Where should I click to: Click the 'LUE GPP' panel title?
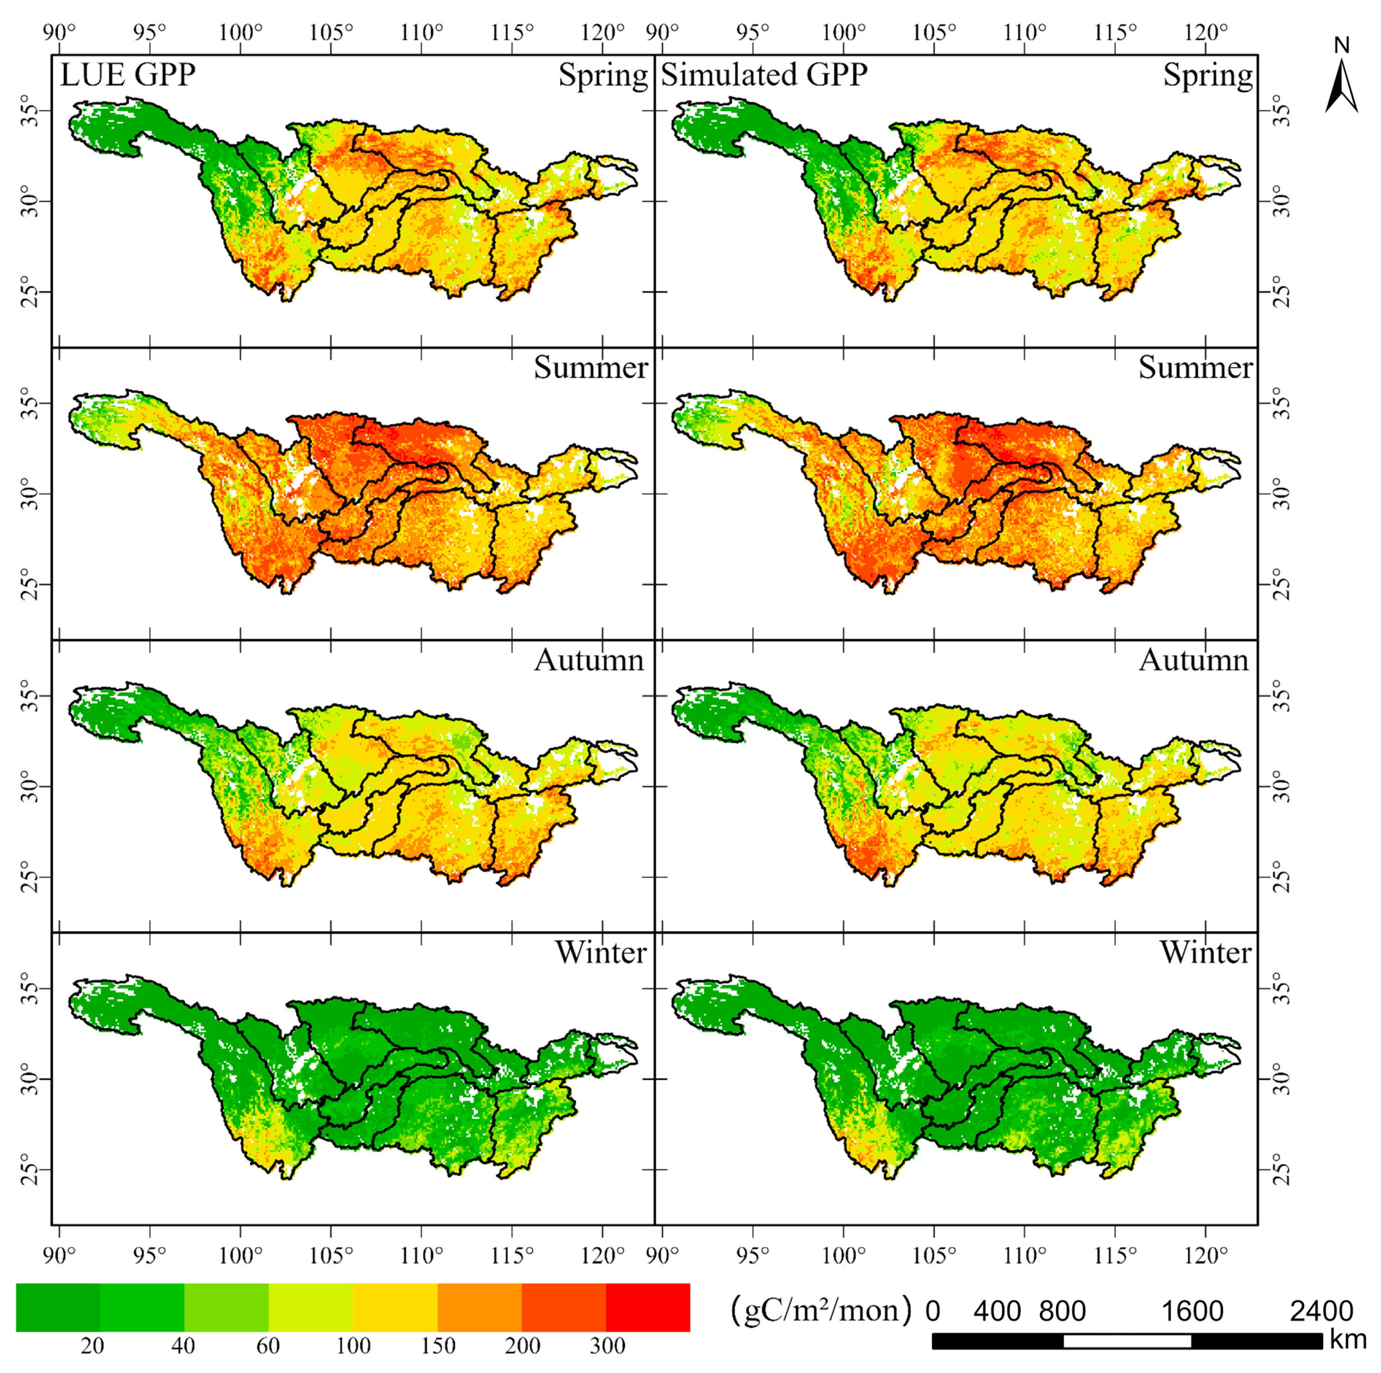tap(127, 75)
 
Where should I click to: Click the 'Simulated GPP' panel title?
tap(763, 75)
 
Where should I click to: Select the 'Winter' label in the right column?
tap(1205, 953)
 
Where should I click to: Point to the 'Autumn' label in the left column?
tap(589, 659)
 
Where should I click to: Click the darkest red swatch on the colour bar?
tap(648, 1307)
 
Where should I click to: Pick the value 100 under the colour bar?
tap(353, 1346)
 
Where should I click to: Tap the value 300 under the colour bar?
tap(608, 1346)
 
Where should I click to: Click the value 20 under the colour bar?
tap(92, 1346)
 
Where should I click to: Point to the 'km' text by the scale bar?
tap(1347, 1339)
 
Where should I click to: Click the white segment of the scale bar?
tap(1127, 1341)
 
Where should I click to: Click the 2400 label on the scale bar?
tap(1321, 1311)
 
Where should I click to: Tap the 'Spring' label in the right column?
tap(1207, 75)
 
